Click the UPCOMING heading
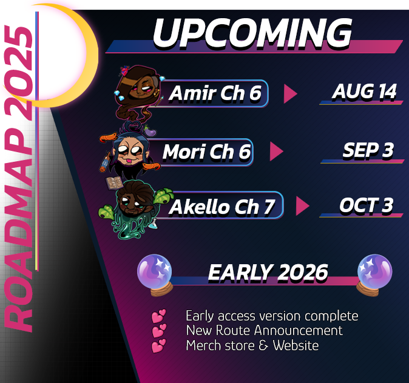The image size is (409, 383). pyautogui.click(x=252, y=33)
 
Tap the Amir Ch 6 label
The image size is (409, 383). pyautogui.click(x=215, y=93)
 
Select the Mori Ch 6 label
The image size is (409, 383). pyautogui.click(x=206, y=152)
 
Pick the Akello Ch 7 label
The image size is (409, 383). pyautogui.click(x=221, y=207)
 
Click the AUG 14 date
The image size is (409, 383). pyautogui.click(x=364, y=92)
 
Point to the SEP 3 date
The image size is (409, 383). pyautogui.click(x=368, y=150)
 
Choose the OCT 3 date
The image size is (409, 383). pyautogui.click(x=367, y=205)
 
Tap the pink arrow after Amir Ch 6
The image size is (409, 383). pyautogui.click(x=290, y=93)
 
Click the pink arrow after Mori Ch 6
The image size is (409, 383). pyautogui.click(x=277, y=152)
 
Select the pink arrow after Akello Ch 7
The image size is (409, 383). pyautogui.click(x=303, y=206)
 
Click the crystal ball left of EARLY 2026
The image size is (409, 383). pyautogui.click(x=155, y=275)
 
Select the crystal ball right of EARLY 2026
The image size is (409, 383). pyautogui.click(x=374, y=275)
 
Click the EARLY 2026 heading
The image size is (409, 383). pyautogui.click(x=268, y=273)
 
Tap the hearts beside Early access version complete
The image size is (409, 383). pyautogui.click(x=158, y=316)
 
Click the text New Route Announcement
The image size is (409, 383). pyautogui.click(x=264, y=330)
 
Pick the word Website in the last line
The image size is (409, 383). pyautogui.click(x=296, y=345)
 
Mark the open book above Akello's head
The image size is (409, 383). pyautogui.click(x=114, y=183)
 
